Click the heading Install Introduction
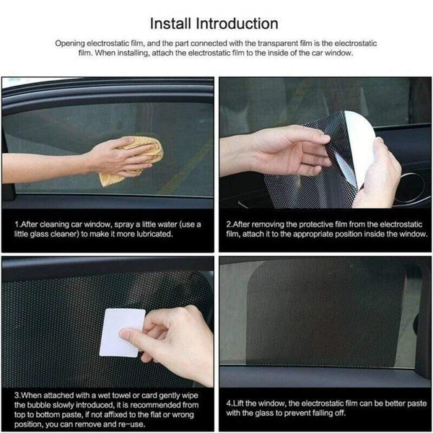pyautogui.click(x=216, y=25)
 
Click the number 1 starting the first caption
pyautogui.click(x=16, y=224)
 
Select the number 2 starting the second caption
pyautogui.click(x=229, y=224)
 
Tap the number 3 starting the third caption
pyautogui.click(x=16, y=395)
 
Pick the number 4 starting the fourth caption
pyautogui.click(x=229, y=401)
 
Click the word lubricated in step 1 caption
pyautogui.click(x=151, y=234)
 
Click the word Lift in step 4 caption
pyautogui.click(x=240, y=401)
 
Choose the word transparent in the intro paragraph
pyautogui.click(x=276, y=43)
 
